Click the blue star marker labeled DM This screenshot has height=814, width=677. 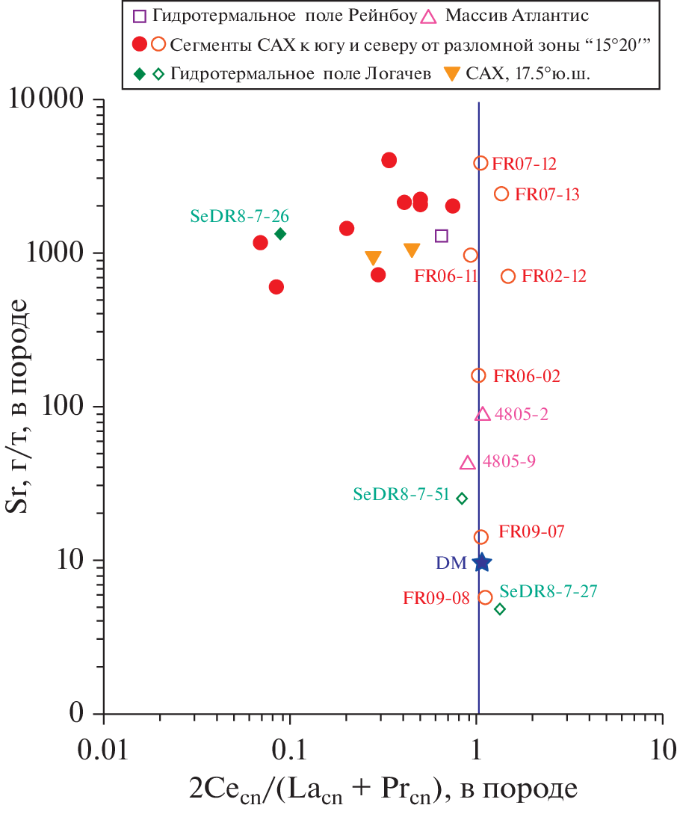(x=482, y=562)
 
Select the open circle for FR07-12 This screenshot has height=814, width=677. (x=480, y=163)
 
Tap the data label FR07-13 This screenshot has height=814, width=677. (x=547, y=195)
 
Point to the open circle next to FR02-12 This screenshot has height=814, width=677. (x=508, y=276)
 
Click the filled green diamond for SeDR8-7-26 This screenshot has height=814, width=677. (x=280, y=234)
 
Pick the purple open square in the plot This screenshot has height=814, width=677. (x=442, y=236)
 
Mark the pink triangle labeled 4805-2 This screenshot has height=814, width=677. (x=483, y=414)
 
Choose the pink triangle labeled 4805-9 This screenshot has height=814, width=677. (x=468, y=463)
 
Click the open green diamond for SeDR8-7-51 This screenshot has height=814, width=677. (x=462, y=498)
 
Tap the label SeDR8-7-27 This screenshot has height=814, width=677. (x=548, y=592)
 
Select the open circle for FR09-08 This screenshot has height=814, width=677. (x=485, y=597)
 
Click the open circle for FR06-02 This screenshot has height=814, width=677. (x=478, y=375)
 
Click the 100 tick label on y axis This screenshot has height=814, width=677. (x=64, y=407)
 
